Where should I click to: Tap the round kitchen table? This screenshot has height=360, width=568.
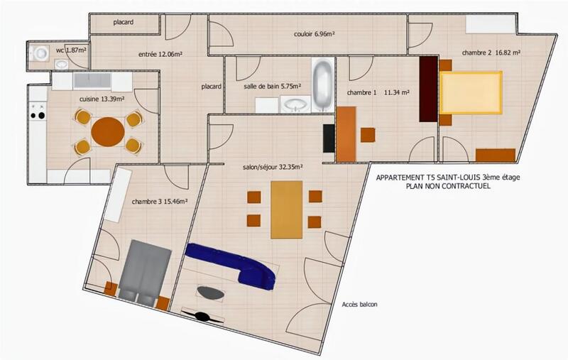[107, 131]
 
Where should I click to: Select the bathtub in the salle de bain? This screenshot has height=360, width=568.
[322, 84]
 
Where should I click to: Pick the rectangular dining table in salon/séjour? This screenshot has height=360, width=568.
[287, 209]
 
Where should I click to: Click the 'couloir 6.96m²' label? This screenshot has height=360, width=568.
[315, 34]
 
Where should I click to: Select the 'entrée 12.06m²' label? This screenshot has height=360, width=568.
[159, 53]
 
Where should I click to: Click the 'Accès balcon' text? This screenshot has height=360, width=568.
[359, 305]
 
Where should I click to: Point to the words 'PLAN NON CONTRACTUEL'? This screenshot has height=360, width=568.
[447, 187]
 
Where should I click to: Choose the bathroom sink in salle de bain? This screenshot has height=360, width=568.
[293, 105]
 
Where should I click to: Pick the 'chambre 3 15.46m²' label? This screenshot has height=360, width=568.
[159, 202]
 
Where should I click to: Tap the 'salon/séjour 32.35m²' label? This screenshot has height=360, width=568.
[273, 168]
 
